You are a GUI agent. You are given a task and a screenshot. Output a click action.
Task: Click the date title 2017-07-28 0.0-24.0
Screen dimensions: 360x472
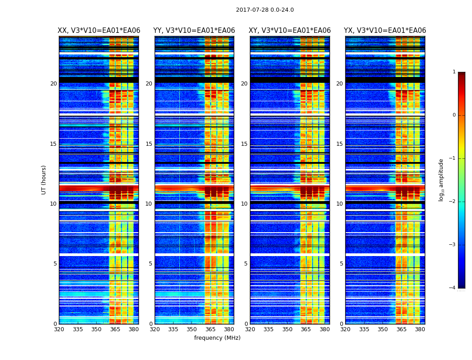pyautogui.click(x=265, y=10)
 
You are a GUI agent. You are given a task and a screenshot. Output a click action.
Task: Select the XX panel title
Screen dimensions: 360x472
pyautogui.click(x=99, y=31)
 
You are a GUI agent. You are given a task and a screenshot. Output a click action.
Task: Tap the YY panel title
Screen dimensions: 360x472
pyautogui.click(x=194, y=31)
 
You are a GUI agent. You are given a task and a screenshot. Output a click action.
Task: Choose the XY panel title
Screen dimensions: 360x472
pyautogui.click(x=289, y=31)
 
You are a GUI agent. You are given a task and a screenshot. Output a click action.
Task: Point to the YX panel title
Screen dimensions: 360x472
pyautogui.click(x=385, y=31)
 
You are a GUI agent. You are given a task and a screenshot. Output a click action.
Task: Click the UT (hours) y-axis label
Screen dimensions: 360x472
pyautogui.click(x=44, y=180)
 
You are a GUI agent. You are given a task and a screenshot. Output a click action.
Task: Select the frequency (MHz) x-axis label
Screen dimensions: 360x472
pyautogui.click(x=217, y=338)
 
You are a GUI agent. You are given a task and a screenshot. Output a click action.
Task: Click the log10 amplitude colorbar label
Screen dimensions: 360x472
pyautogui.click(x=441, y=180)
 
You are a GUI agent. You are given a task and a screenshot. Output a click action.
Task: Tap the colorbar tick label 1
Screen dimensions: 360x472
pyautogui.click(x=454, y=72)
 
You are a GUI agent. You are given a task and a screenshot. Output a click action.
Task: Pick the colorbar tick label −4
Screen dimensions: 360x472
pyautogui.click(x=453, y=288)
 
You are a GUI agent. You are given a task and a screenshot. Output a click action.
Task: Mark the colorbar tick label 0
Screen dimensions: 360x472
pyautogui.click(x=454, y=115)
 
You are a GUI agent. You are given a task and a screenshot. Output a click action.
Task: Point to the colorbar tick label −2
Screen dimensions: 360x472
pyautogui.click(x=453, y=202)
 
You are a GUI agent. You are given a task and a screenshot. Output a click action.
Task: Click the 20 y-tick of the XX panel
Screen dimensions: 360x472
pyautogui.click(x=53, y=84)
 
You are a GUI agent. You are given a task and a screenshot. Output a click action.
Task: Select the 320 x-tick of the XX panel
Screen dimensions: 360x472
pyautogui.click(x=59, y=329)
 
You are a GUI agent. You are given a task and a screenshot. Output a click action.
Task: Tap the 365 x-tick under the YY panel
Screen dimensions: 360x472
pyautogui.click(x=210, y=329)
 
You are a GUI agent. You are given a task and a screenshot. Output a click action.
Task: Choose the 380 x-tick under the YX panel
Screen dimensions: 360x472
pyautogui.click(x=420, y=329)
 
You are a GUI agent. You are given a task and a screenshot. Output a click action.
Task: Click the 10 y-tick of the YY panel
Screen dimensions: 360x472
pyautogui.click(x=149, y=204)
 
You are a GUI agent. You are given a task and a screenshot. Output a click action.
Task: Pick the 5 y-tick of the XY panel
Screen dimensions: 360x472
pyautogui.click(x=246, y=264)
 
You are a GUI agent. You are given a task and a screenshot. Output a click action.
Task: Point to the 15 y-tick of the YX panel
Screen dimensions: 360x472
pyautogui.click(x=339, y=144)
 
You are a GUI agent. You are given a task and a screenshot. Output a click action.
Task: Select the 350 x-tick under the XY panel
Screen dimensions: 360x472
pyautogui.click(x=287, y=329)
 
